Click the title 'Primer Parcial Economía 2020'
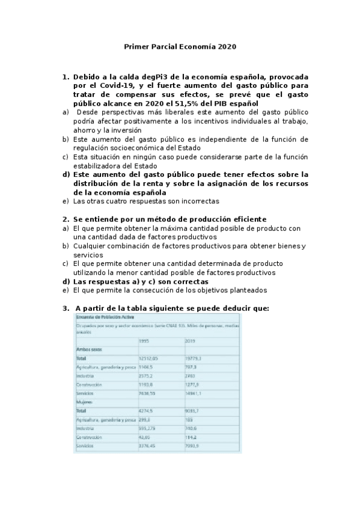tap(180, 46)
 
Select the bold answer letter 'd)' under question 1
tap(67, 174)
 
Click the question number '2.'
tap(66, 219)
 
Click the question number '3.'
tap(66, 308)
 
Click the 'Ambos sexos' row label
tap(89, 349)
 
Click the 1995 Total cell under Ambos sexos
tap(148, 357)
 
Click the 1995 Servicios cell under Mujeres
tap(147, 446)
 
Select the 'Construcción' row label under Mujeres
tap(90, 437)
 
